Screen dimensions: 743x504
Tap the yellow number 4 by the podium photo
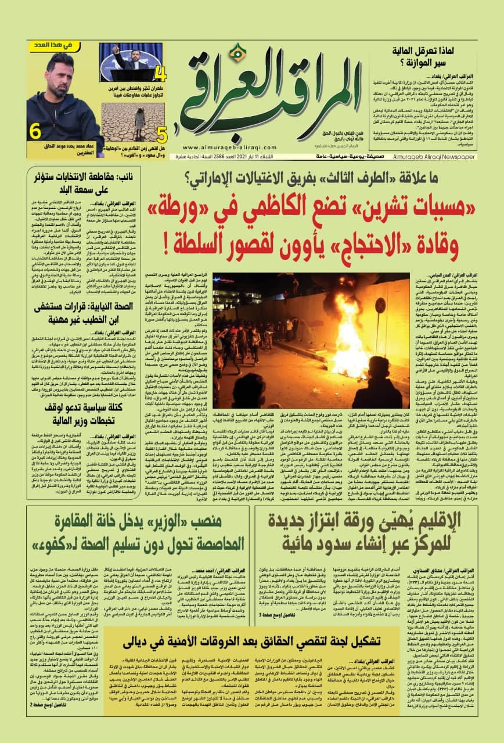[x=161, y=74]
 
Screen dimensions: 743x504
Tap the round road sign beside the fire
[x=380, y=306]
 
